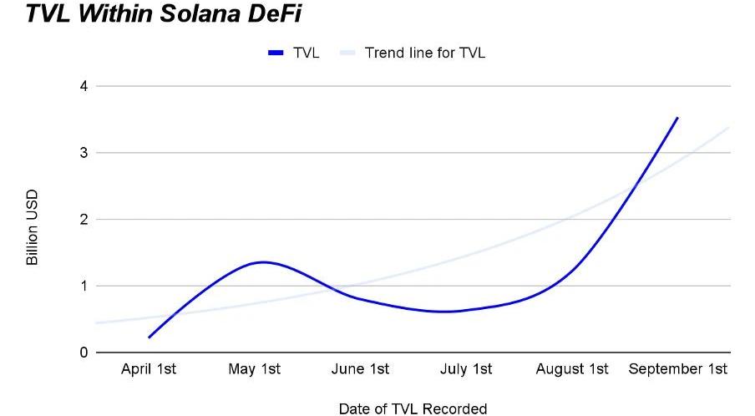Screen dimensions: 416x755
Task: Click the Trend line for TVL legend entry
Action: coord(424,53)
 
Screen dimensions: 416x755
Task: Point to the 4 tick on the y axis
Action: coord(82,86)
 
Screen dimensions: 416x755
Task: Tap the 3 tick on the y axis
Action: coord(82,153)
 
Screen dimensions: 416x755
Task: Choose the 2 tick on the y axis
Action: coord(82,220)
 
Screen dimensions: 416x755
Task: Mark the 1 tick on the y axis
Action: coord(82,287)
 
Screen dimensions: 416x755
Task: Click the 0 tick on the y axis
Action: coord(82,353)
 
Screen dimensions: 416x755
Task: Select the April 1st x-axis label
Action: coord(149,369)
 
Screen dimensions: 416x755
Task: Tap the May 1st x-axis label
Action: coord(255,369)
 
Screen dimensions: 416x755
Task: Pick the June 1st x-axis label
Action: coord(360,369)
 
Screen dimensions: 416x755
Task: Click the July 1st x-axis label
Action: coord(466,369)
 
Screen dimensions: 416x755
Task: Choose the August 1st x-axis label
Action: coord(572,369)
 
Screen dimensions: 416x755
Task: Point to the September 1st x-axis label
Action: coord(678,369)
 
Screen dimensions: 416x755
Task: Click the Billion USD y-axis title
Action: coord(33,227)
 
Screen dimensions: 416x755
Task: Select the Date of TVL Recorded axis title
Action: coord(413,408)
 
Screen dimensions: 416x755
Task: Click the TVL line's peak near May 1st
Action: coord(263,262)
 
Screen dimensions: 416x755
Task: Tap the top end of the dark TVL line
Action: coord(677,118)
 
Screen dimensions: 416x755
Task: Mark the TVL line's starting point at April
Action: coord(149,337)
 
